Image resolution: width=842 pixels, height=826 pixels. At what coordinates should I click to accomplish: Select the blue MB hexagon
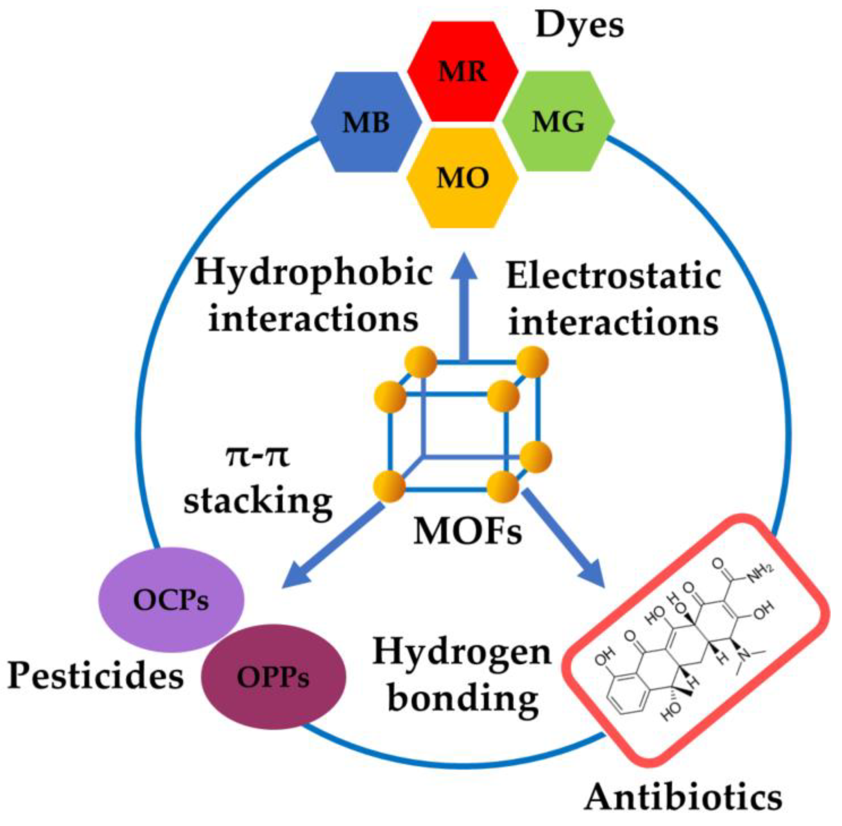pos(366,122)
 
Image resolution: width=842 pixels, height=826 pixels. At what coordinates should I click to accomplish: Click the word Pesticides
pos(96,677)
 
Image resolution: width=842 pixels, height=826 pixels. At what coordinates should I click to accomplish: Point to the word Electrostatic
pos(614,276)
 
